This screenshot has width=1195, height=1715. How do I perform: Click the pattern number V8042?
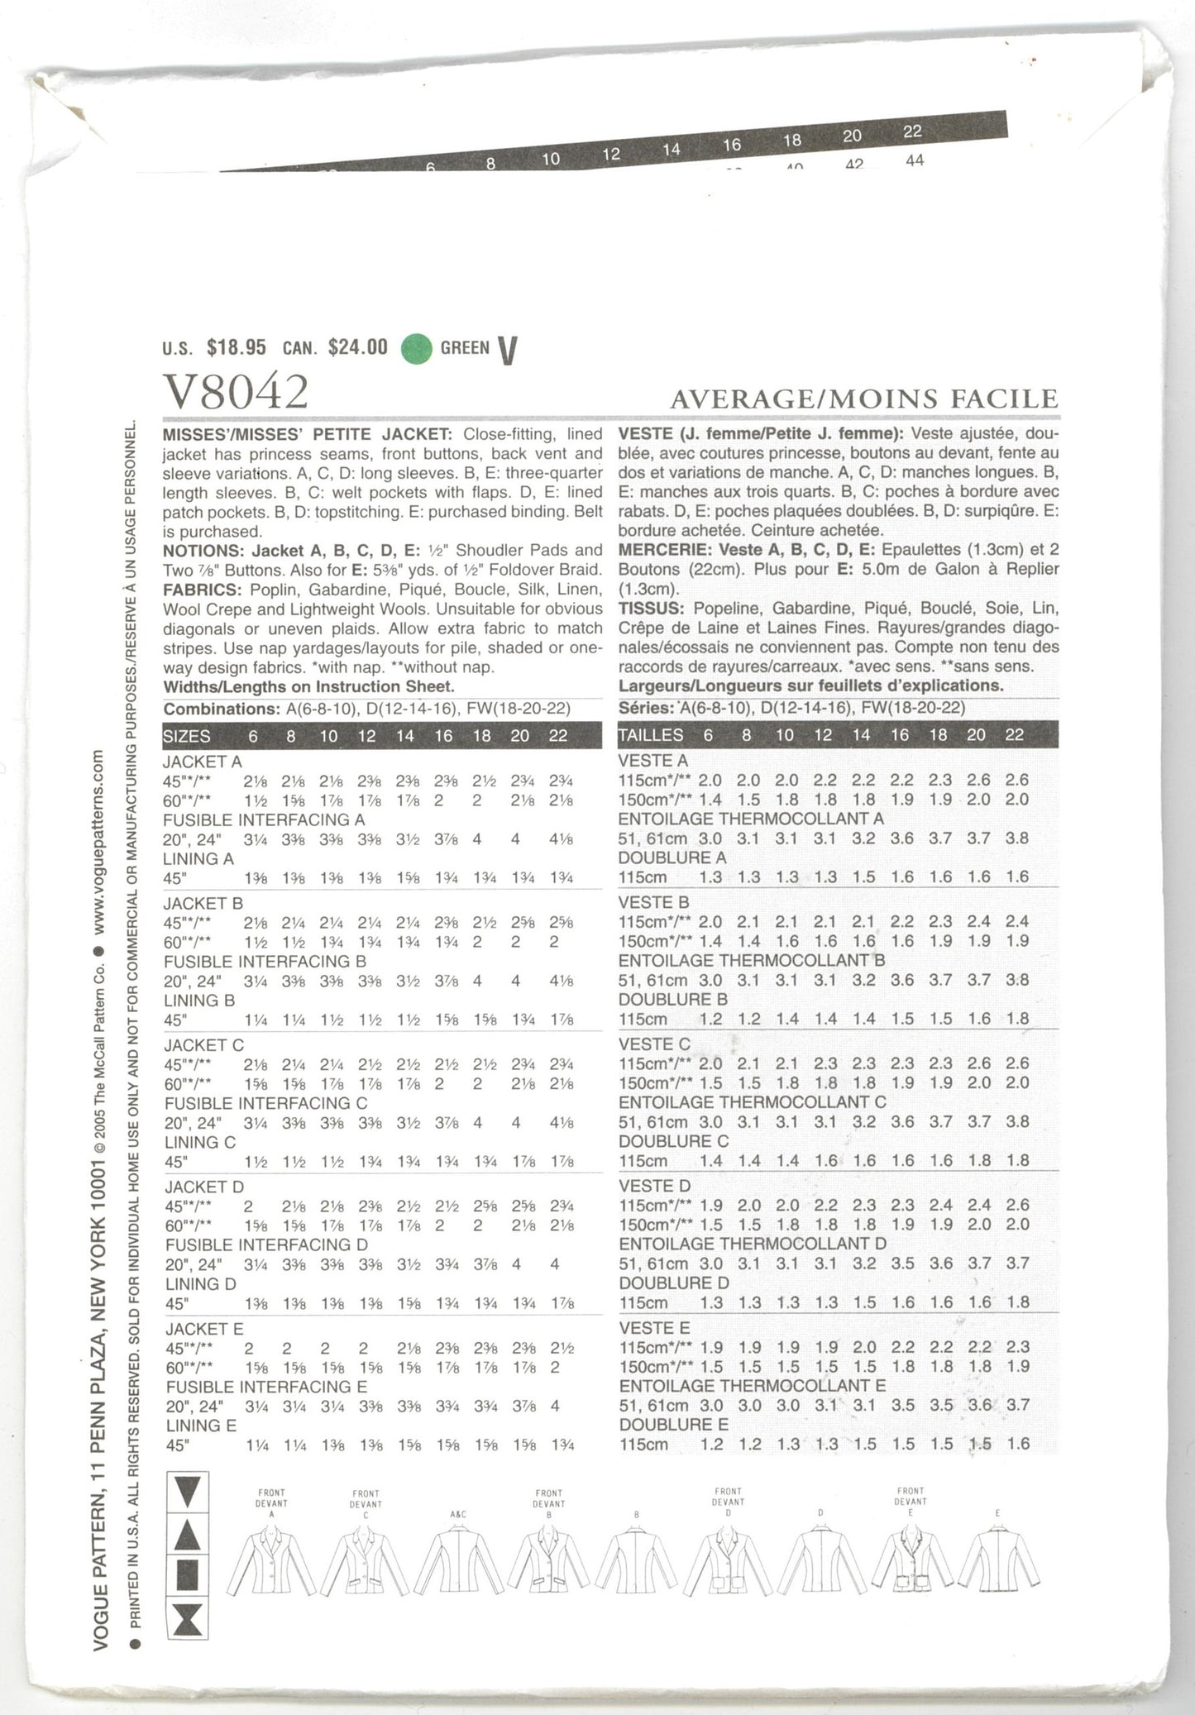coord(236,390)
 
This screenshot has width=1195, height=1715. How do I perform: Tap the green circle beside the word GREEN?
coord(417,348)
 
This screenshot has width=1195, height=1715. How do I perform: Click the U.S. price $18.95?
coord(237,348)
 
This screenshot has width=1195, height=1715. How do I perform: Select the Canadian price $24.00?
coord(357,348)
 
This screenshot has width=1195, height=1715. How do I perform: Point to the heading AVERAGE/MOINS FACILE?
coord(863,399)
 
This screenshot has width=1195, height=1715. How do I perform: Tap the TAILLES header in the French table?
coord(651,735)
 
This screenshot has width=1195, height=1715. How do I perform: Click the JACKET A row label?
coord(202,762)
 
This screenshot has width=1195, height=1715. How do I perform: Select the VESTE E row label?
coord(653,1328)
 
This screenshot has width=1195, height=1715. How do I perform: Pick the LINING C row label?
coord(200,1143)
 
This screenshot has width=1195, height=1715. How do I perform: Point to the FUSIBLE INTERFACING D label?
coord(265,1244)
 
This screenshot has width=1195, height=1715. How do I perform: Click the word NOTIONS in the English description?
coord(198,551)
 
